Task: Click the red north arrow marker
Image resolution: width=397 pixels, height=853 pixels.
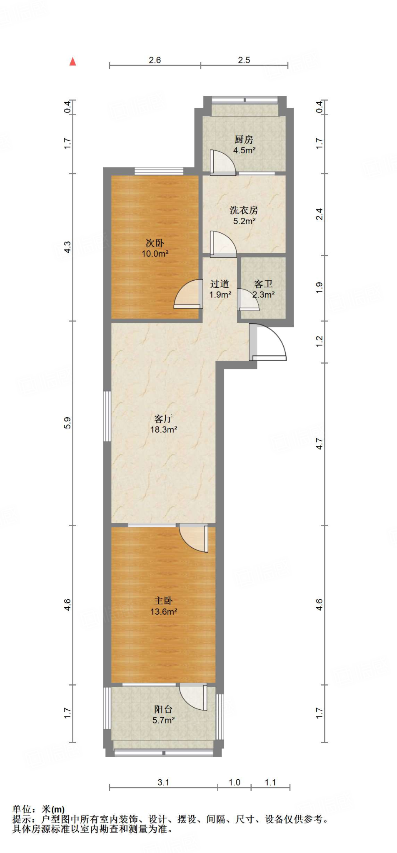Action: [x=73, y=62]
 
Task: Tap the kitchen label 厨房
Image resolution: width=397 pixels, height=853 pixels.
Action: [x=244, y=140]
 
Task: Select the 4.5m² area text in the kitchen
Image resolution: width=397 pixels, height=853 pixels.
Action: [x=244, y=150]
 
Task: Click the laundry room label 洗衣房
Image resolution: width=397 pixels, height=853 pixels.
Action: [x=244, y=210]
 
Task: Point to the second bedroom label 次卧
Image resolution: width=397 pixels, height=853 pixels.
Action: [x=155, y=243]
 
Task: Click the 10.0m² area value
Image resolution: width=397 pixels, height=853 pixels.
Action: [x=155, y=254]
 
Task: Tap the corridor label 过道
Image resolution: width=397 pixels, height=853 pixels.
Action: [x=220, y=284]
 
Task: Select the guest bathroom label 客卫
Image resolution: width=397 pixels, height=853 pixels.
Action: [x=263, y=284]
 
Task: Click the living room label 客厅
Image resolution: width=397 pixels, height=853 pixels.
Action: [x=163, y=419]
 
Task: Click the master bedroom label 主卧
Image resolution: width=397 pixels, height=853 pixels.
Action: [x=163, y=601]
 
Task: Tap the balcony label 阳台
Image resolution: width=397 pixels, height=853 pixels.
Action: [x=163, y=709]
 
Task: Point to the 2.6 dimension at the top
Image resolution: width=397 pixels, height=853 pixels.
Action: [x=155, y=60]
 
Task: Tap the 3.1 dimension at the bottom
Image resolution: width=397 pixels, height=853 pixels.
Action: [x=163, y=782]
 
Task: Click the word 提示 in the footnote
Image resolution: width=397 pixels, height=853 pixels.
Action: [x=22, y=819]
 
